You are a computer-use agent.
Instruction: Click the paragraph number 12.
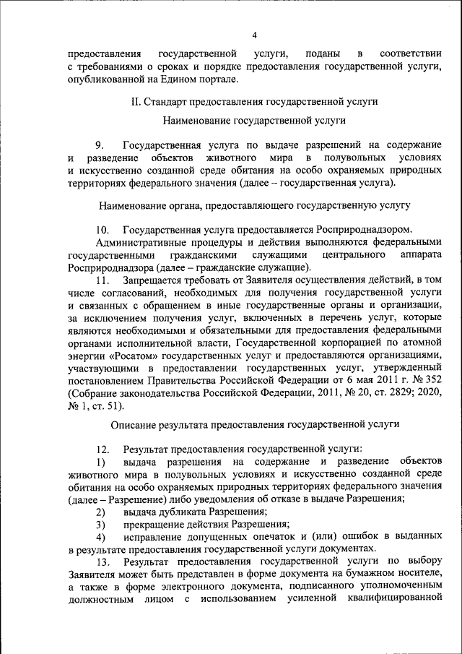[x=102, y=449]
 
